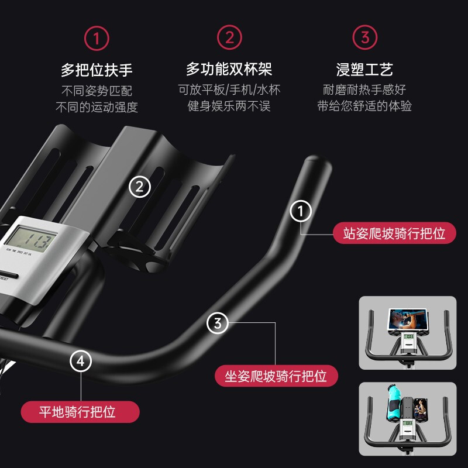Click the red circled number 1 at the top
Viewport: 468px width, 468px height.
97,39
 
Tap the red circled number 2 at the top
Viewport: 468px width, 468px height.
229,39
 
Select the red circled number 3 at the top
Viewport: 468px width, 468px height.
364,39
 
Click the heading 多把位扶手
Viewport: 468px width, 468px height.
97,71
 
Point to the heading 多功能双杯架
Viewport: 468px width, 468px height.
229,70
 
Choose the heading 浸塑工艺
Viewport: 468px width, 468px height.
364,71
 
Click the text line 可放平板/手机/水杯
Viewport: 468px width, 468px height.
229,90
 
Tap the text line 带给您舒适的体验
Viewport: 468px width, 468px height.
364,106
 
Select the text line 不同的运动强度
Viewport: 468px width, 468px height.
97,107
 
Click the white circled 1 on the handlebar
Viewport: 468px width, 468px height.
301,211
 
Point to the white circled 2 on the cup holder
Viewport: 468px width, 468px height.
139,187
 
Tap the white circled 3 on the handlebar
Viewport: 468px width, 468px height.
218,323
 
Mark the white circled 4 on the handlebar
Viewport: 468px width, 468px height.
81,362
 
